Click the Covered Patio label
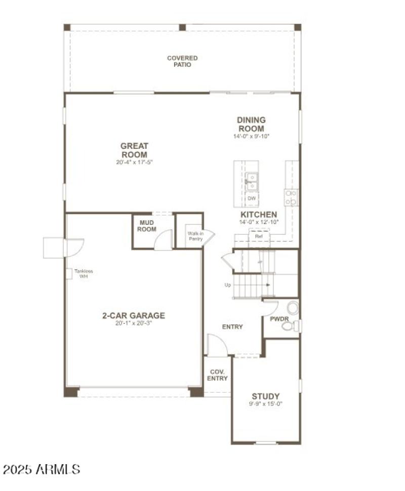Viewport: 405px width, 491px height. coord(182,61)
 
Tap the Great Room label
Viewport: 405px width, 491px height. coord(134,150)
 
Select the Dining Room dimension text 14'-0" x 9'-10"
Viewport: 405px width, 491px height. coord(251,136)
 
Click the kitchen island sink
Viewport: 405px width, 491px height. coord(251,181)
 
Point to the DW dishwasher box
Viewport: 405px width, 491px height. coord(252,198)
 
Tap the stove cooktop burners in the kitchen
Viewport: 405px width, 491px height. coord(291,197)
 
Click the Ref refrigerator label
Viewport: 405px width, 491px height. coord(259,236)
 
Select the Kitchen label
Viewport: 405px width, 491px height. coord(258,215)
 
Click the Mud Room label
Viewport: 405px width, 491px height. coord(146,226)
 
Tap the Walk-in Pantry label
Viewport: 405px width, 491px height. coord(195,236)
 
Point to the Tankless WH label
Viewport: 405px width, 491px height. coord(84,273)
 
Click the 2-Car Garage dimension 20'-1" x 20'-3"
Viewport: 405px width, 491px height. coord(134,323)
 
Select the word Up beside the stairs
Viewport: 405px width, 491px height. coord(228,285)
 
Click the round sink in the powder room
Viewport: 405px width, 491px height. coord(293,307)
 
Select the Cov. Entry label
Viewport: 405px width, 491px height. coord(218,375)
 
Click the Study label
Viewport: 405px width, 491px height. coord(266,396)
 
